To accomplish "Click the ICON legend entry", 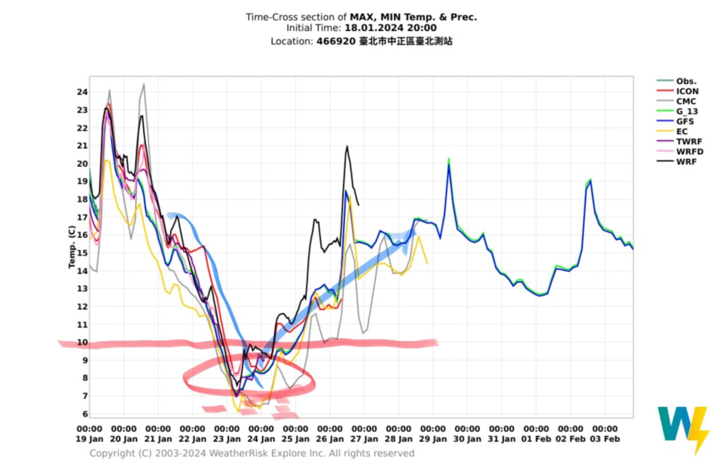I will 687,91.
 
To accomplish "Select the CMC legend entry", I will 686,101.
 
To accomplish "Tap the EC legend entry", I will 682,131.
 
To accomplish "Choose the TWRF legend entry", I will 688,141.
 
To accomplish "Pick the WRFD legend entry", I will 690,152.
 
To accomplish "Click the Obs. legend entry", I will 686,81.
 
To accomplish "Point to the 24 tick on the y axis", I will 83,92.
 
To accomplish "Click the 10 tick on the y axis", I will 83,342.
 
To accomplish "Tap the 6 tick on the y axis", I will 85,414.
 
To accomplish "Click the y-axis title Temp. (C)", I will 71,247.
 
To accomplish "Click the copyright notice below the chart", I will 252,453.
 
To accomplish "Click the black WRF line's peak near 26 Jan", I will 347,147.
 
